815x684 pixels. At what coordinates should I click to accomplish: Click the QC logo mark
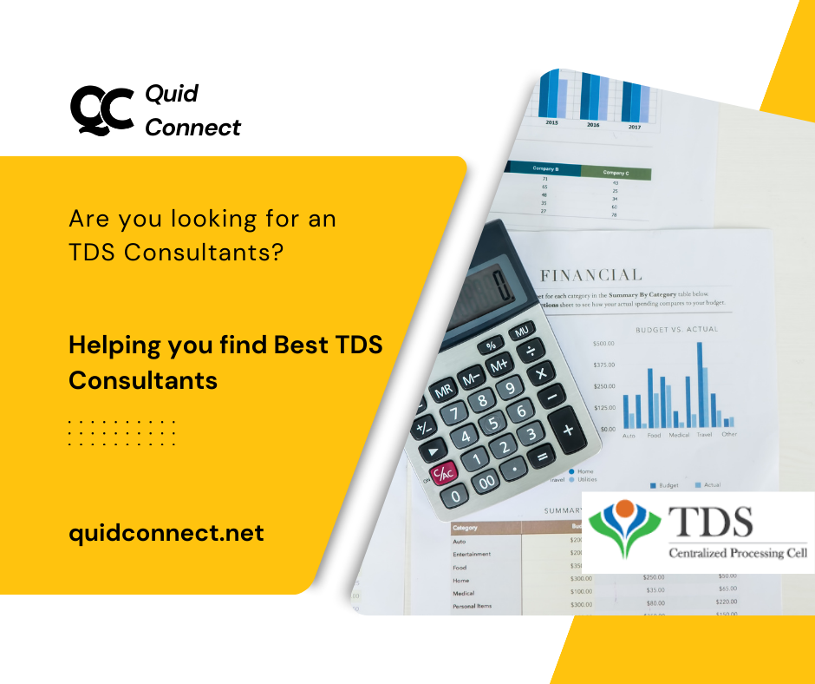click(x=101, y=111)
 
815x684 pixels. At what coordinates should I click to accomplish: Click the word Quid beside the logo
click(x=172, y=94)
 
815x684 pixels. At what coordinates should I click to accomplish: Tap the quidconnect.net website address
click(x=166, y=532)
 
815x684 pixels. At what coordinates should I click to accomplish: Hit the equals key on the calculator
click(x=542, y=455)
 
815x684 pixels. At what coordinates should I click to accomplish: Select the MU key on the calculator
click(x=522, y=332)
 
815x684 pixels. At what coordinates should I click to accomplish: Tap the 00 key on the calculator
click(x=487, y=481)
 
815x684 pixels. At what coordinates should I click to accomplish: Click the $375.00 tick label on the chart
click(x=604, y=365)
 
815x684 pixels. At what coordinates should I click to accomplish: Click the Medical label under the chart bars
click(x=679, y=435)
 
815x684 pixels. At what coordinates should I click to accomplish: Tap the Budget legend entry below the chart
click(x=664, y=485)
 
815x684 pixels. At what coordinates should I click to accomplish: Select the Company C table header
click(x=616, y=173)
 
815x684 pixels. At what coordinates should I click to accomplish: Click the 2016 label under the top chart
click(x=593, y=125)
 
